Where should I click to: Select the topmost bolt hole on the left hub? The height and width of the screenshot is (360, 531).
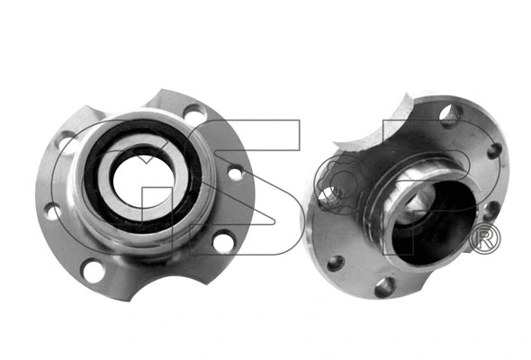(193, 114)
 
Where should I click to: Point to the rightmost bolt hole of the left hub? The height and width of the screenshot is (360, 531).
(235, 172)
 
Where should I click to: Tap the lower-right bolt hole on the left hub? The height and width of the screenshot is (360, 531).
(222, 241)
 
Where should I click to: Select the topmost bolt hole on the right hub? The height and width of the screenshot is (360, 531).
(451, 114)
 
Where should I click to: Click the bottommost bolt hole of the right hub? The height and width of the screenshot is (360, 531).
(383, 287)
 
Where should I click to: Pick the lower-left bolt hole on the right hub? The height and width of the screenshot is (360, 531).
(335, 262)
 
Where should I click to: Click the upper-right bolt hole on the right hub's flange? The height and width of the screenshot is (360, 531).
(494, 150)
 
